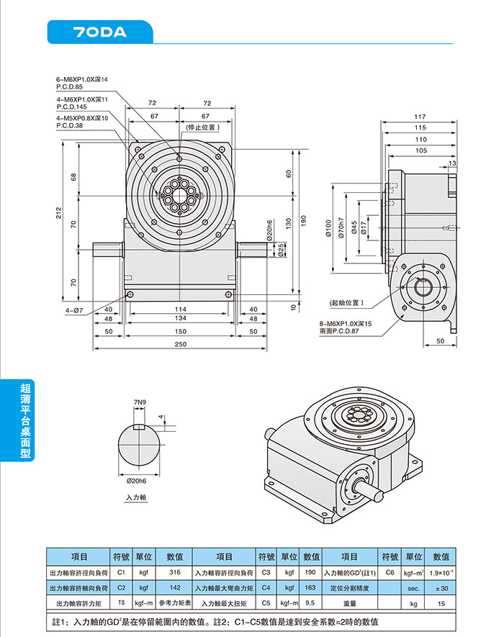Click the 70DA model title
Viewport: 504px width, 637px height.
click(x=100, y=32)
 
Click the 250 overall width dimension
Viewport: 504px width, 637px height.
click(x=180, y=344)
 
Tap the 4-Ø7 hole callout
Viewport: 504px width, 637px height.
click(x=74, y=310)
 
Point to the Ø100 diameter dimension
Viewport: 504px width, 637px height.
click(x=330, y=229)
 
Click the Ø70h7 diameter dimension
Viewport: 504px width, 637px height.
click(x=341, y=229)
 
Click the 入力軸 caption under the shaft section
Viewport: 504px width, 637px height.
click(x=136, y=497)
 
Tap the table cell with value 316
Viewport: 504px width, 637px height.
click(x=174, y=572)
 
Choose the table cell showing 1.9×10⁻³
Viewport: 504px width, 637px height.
click(x=441, y=572)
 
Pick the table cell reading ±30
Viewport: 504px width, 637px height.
click(x=441, y=588)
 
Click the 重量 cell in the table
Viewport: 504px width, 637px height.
click(x=350, y=603)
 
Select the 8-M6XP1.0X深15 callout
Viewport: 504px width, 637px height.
click(x=346, y=325)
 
